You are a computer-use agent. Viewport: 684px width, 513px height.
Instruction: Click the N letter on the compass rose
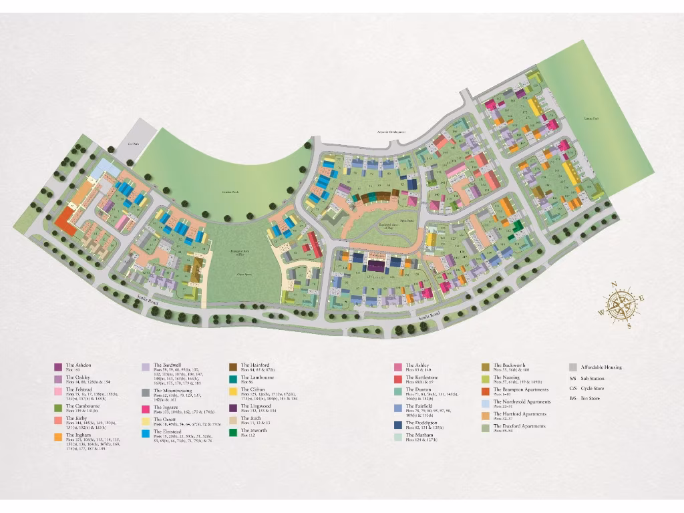tap(614, 286)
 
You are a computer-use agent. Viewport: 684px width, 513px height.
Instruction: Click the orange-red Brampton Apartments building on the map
tap(65, 220)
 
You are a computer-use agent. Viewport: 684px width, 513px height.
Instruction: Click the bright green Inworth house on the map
tap(515, 236)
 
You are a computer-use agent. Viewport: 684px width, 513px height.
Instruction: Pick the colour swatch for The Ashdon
tap(58, 366)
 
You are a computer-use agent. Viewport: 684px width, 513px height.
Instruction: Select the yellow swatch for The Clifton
tap(234, 390)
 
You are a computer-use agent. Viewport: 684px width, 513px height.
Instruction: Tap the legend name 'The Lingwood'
tap(256, 405)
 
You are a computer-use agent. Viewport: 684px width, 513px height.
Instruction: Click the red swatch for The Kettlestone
tap(398, 379)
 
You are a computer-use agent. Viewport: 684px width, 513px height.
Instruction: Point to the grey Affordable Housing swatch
tap(573, 367)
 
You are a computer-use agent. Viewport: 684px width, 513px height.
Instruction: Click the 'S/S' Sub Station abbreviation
tap(572, 377)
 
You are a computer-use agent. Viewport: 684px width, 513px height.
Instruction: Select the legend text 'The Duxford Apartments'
tap(520, 425)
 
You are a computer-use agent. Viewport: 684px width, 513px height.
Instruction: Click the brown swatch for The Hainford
tap(234, 366)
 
